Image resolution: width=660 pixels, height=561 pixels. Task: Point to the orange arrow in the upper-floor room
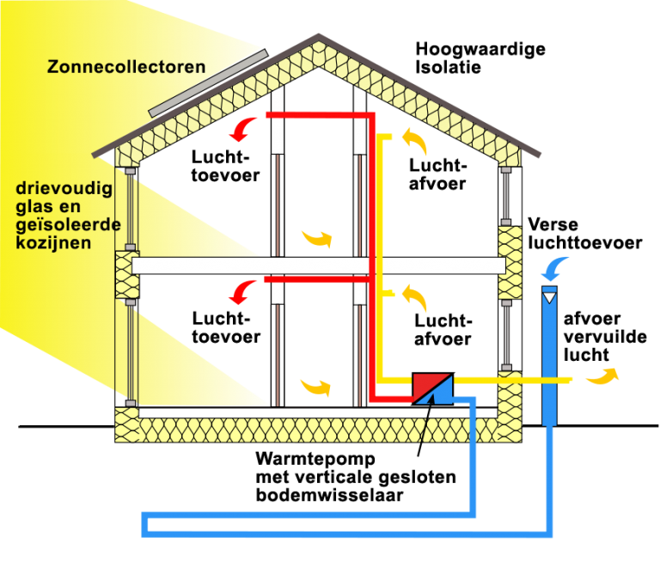point(316,237)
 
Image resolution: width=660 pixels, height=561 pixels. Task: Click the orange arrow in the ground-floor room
point(315,387)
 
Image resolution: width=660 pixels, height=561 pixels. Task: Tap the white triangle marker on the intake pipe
point(549,297)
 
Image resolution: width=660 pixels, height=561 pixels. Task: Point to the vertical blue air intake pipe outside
point(549,361)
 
